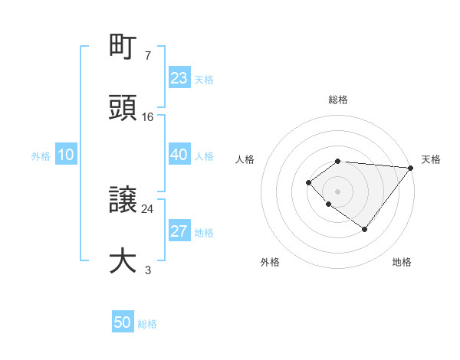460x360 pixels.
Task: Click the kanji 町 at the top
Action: point(123,48)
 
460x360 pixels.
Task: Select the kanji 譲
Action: point(123,201)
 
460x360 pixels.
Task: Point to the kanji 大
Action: point(123,260)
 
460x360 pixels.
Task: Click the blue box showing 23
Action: point(179,78)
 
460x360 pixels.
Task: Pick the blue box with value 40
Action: point(179,155)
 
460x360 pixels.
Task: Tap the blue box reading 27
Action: point(179,232)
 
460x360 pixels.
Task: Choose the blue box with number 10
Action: point(66,155)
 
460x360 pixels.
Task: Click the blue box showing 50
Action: point(123,322)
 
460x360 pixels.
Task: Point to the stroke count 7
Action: point(147,56)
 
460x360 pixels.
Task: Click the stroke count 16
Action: point(148,116)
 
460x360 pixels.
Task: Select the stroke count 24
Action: point(148,208)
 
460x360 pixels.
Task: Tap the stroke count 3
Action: point(147,270)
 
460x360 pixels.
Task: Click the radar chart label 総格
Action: point(337,100)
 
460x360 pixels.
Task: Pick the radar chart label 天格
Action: point(431,159)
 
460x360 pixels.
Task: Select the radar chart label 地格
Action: point(402,262)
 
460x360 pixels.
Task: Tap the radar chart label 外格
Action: point(270,262)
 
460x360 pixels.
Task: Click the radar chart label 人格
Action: point(245,159)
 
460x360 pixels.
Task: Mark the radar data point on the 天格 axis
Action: point(411,167)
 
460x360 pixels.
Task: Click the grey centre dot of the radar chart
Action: point(337,191)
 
